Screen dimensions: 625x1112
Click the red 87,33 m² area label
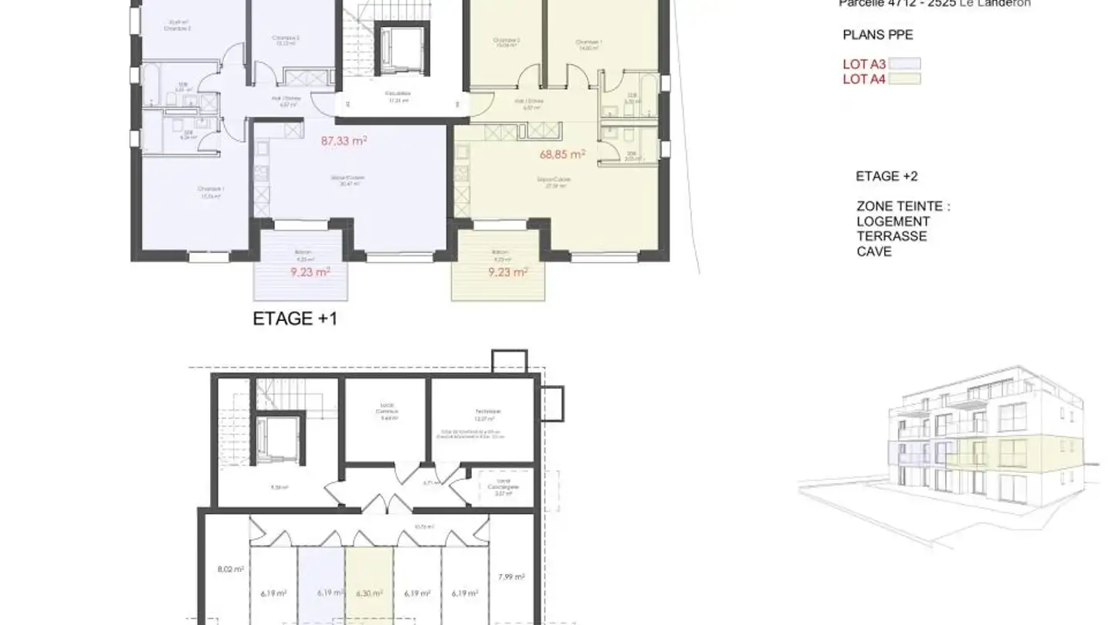[344, 141]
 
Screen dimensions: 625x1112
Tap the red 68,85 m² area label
[562, 154]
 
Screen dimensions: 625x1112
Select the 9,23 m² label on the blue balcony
[310, 272]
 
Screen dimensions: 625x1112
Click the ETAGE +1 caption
[295, 319]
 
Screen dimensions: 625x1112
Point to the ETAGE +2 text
[887, 176]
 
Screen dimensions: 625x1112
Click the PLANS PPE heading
[877, 35]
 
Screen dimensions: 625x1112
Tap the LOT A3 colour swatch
[904, 65]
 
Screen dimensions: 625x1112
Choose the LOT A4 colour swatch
[904, 79]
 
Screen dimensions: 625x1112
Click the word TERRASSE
[892, 236]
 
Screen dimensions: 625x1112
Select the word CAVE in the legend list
[874, 252]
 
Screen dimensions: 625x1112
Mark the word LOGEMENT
[893, 221]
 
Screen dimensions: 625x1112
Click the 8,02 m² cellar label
[231, 569]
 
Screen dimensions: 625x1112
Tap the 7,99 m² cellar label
[511, 576]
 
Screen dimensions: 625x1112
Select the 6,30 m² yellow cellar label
[368, 593]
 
